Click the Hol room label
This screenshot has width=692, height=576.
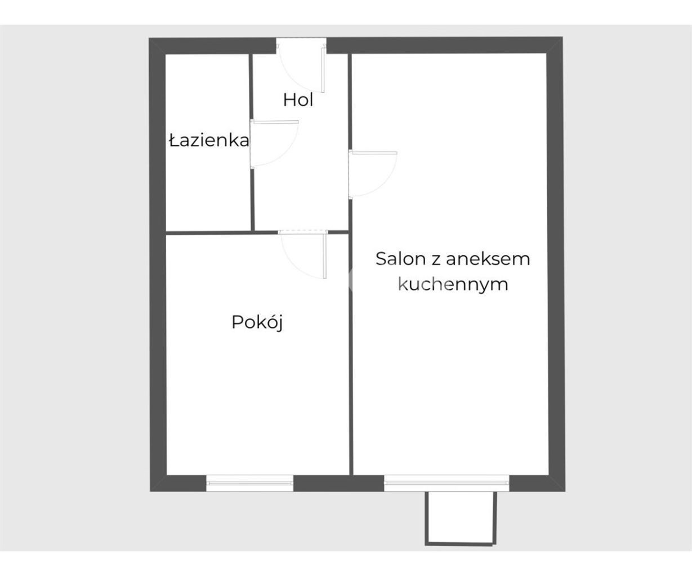click(298, 100)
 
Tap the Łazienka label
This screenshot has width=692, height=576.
click(209, 141)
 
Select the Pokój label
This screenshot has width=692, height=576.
click(257, 322)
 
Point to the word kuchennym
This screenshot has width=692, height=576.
click(453, 285)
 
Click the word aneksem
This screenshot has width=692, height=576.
click(488, 259)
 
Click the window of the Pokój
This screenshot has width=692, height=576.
click(250, 483)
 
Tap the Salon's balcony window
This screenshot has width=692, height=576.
click(447, 483)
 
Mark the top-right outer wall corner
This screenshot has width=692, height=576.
click(562, 37)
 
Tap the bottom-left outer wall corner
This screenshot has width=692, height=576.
click(150, 491)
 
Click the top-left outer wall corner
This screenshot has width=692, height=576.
click(149, 38)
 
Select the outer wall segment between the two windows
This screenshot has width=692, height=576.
click(339, 483)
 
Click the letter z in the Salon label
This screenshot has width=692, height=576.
click(436, 260)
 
